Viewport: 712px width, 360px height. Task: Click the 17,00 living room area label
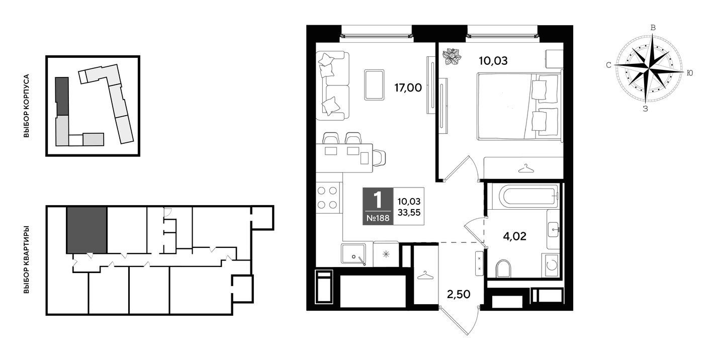point(408,87)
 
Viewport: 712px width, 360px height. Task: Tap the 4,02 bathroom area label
point(514,236)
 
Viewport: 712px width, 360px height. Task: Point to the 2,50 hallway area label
point(459,294)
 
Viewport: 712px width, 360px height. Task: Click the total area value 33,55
point(409,213)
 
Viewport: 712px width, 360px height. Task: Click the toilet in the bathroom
point(503,268)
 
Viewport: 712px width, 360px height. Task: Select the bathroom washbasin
point(554,229)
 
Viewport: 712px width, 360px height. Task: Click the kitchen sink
point(353,253)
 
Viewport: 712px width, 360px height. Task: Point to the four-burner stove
point(327,198)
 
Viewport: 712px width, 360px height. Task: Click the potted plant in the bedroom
point(452,57)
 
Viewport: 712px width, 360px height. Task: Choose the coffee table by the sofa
point(374,85)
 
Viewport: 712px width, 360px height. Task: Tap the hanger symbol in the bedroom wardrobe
point(526,168)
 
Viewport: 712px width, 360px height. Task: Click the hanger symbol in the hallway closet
point(425,275)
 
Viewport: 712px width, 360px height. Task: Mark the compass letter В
point(653,28)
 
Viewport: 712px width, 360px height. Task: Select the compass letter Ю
point(689,73)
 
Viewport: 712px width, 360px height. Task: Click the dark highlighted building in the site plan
point(62,96)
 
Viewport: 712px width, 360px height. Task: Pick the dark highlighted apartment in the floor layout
point(86,230)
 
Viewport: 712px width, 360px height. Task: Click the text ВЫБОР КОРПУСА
point(26,106)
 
